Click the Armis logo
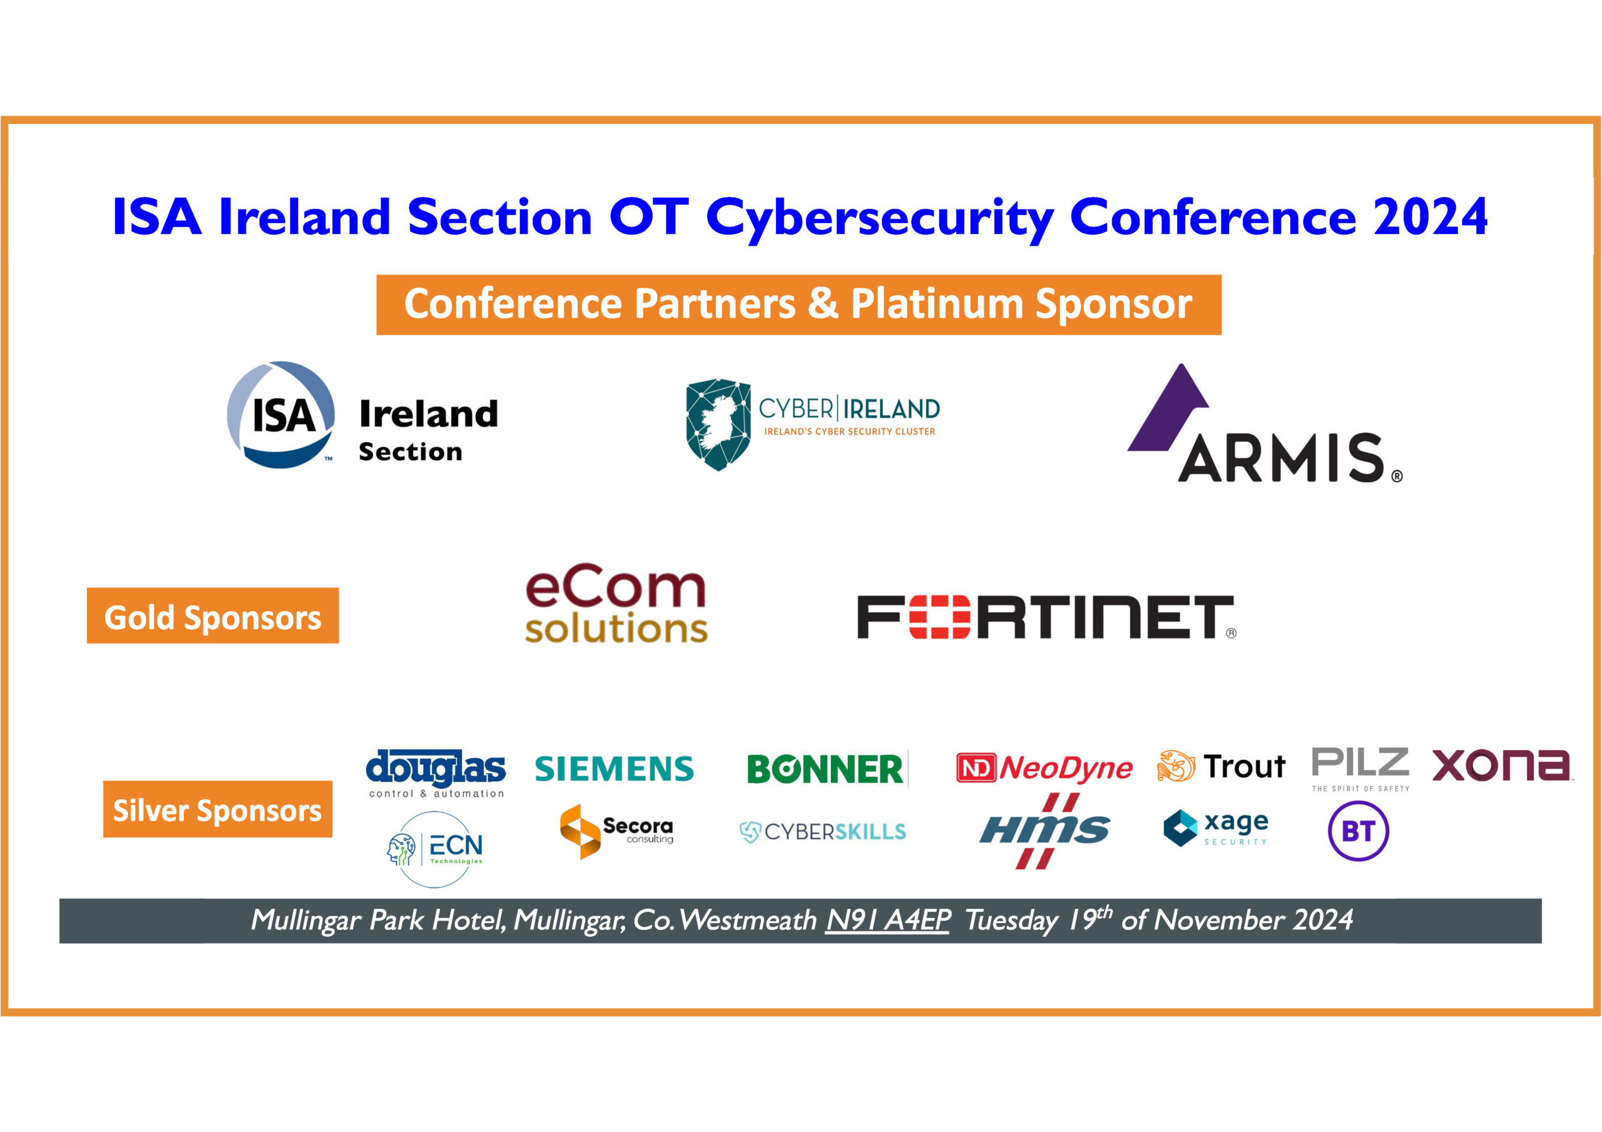1264,425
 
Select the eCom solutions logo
616,604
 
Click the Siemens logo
614,769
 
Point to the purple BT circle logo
1358,831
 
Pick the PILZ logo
1360,768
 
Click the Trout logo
1221,767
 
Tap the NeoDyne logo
1044,768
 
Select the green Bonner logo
826,769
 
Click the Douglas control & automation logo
436,773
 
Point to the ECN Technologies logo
436,849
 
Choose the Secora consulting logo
616,831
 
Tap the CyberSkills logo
823,831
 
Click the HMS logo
1044,831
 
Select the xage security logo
1216,828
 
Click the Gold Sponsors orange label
213,616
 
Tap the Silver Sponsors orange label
218,809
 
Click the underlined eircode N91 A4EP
887,920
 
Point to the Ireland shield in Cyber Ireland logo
718,424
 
